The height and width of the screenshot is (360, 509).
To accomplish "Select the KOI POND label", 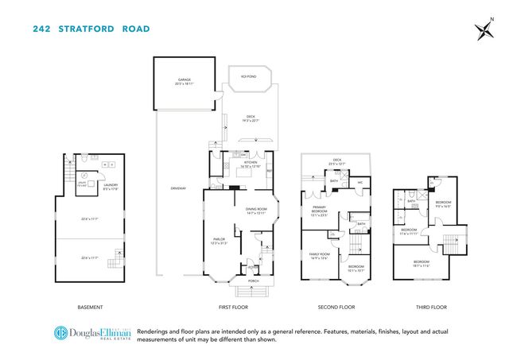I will [247, 76].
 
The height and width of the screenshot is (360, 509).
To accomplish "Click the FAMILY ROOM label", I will [320, 254].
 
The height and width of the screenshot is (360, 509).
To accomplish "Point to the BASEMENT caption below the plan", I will [90, 307].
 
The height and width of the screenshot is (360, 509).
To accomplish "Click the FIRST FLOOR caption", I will [239, 307].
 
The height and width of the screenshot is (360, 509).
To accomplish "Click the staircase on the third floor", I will [453, 242].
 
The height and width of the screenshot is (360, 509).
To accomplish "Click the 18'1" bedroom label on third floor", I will [422, 263].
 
